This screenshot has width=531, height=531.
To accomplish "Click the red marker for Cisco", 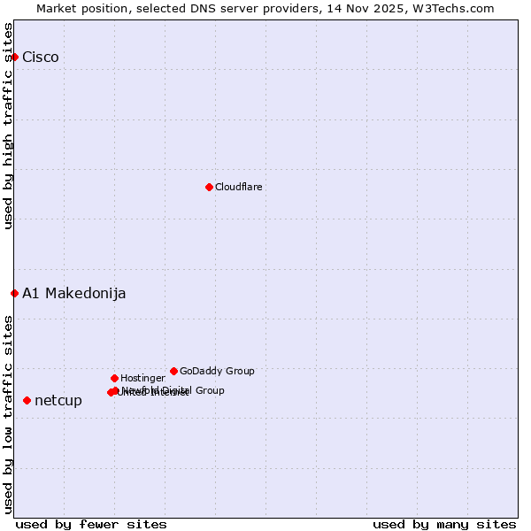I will coord(14,57).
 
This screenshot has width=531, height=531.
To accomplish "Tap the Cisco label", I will coord(41,58).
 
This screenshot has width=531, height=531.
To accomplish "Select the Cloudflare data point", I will coord(209,187).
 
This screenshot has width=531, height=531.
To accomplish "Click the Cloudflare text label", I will coord(239,188).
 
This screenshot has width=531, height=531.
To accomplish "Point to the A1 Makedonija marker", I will coord(14,293).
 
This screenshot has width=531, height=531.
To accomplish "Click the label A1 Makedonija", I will coord(74,294).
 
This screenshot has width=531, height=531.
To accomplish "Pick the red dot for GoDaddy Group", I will coord(173,371).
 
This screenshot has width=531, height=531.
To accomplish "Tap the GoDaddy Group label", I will coord(217,372).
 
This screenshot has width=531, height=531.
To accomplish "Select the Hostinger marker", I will coord(114,378).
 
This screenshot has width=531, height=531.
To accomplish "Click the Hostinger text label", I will coord(142,379).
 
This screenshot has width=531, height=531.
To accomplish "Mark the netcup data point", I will coord(27,400).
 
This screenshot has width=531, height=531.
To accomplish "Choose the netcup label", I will coord(58,401).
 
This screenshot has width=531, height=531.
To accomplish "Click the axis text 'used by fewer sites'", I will coord(91,524).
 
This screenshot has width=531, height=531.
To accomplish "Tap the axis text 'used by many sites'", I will coord(444,524).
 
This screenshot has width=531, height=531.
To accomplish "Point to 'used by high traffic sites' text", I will coord(9,126).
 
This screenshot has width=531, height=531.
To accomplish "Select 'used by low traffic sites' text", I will coord(9,414).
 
